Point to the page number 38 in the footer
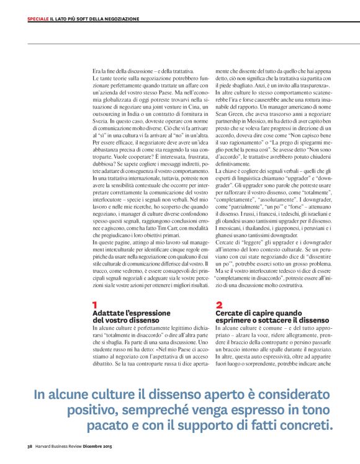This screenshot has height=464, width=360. (x=29, y=445)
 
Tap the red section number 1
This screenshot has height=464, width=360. (x=95, y=305)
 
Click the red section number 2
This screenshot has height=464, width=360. (x=219, y=305)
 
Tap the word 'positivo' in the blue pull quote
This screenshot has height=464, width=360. (x=96, y=411)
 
